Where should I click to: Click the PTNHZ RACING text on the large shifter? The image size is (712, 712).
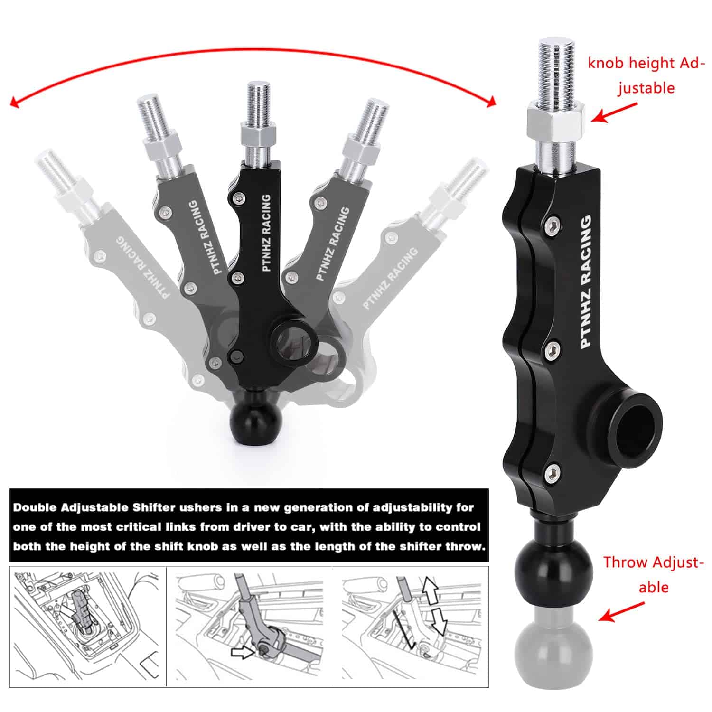[x=587, y=282]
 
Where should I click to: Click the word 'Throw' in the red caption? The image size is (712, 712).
[x=626, y=562]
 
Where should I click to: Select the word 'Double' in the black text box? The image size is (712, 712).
[x=35, y=507]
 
